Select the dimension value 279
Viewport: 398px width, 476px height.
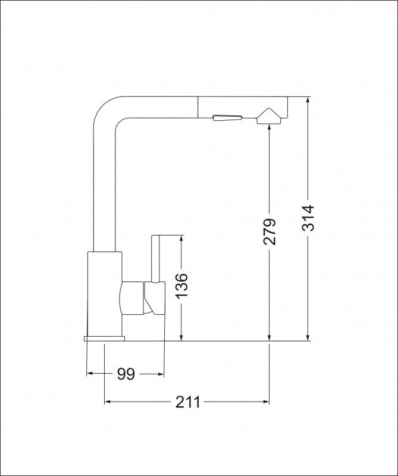270,231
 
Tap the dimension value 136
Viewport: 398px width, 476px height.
181,286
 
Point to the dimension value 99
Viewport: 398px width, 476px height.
126,374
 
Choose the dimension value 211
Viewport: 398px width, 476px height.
187,402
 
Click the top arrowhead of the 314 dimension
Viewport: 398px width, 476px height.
308,101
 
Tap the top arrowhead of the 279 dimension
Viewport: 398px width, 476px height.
270,128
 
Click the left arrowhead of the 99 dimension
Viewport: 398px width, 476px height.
91,374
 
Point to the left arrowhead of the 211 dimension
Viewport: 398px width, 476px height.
109,402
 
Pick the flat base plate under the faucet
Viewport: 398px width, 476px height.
105,338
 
